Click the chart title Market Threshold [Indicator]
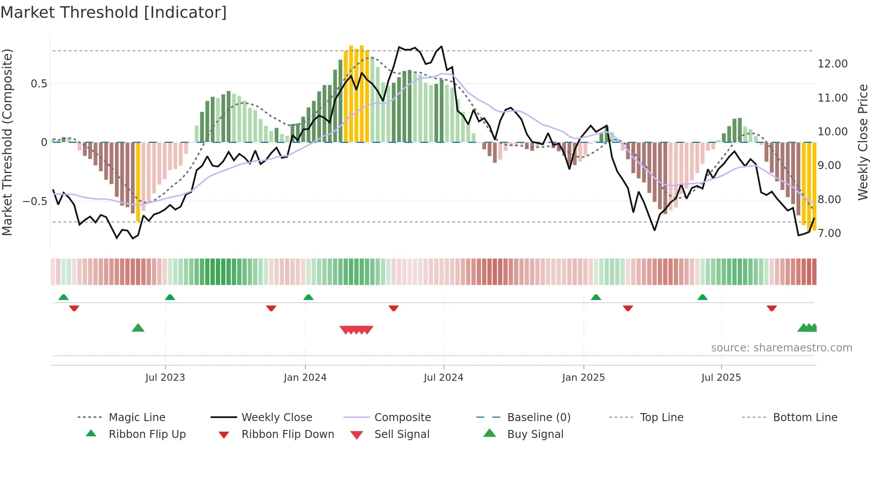tap(114, 12)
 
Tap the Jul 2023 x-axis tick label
tap(165, 378)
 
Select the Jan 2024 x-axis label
tap(305, 378)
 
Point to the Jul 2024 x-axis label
tap(443, 378)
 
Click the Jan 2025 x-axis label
tap(583, 378)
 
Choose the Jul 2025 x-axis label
tap(721, 378)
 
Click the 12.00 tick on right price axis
tap(832, 64)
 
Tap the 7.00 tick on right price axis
tap(829, 233)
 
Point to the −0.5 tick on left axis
tap(35, 201)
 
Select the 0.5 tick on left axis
tap(39, 84)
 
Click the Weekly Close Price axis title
tap(862, 142)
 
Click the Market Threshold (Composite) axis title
tap(7, 142)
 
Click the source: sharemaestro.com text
tap(781, 348)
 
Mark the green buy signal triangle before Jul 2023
tap(138, 328)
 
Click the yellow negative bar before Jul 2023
tap(138, 182)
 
